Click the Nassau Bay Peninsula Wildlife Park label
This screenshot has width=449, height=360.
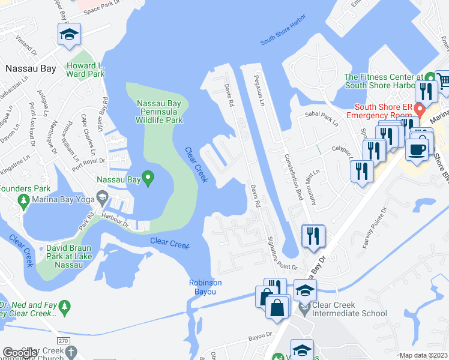160,112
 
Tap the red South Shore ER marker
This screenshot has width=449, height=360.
420,110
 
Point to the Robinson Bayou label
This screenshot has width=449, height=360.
205,287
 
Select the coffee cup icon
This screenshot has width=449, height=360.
416,149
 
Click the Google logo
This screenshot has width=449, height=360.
20,353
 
